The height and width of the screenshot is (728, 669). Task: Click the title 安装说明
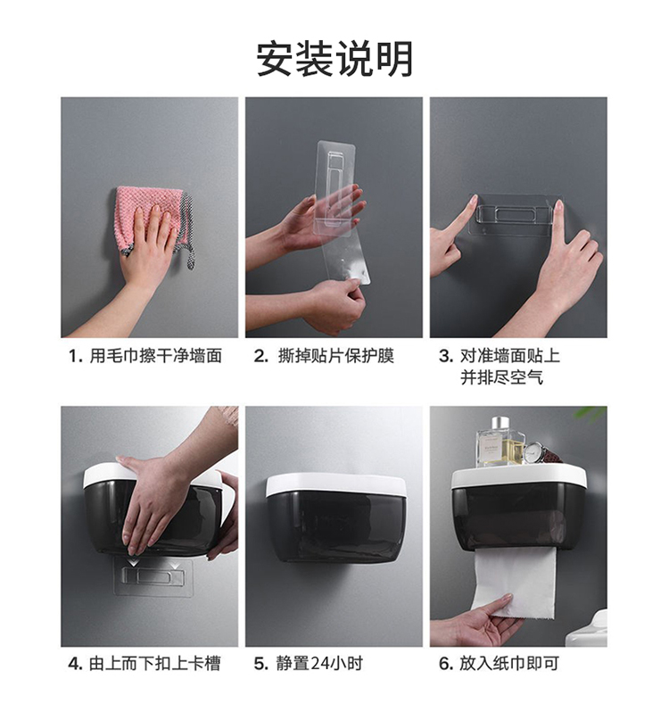coord(334,59)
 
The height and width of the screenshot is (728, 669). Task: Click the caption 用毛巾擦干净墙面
coord(155,356)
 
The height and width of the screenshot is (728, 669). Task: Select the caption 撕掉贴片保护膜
coord(336,356)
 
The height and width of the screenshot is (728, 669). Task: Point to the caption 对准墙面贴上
coord(510,356)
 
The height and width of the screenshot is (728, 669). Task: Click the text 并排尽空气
coord(502,377)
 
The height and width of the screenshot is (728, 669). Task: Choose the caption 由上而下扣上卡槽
coord(154,664)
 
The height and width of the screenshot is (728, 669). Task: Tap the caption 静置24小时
coord(319,664)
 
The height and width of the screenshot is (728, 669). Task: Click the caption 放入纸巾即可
coord(509,664)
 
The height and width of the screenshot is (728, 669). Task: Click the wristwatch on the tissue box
coord(534,452)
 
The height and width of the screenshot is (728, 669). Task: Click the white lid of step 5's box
coord(336,484)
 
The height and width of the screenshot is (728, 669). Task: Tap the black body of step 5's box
coord(336,526)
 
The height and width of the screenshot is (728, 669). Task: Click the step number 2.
coord(260,357)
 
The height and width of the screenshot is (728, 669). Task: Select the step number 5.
coord(260,664)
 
